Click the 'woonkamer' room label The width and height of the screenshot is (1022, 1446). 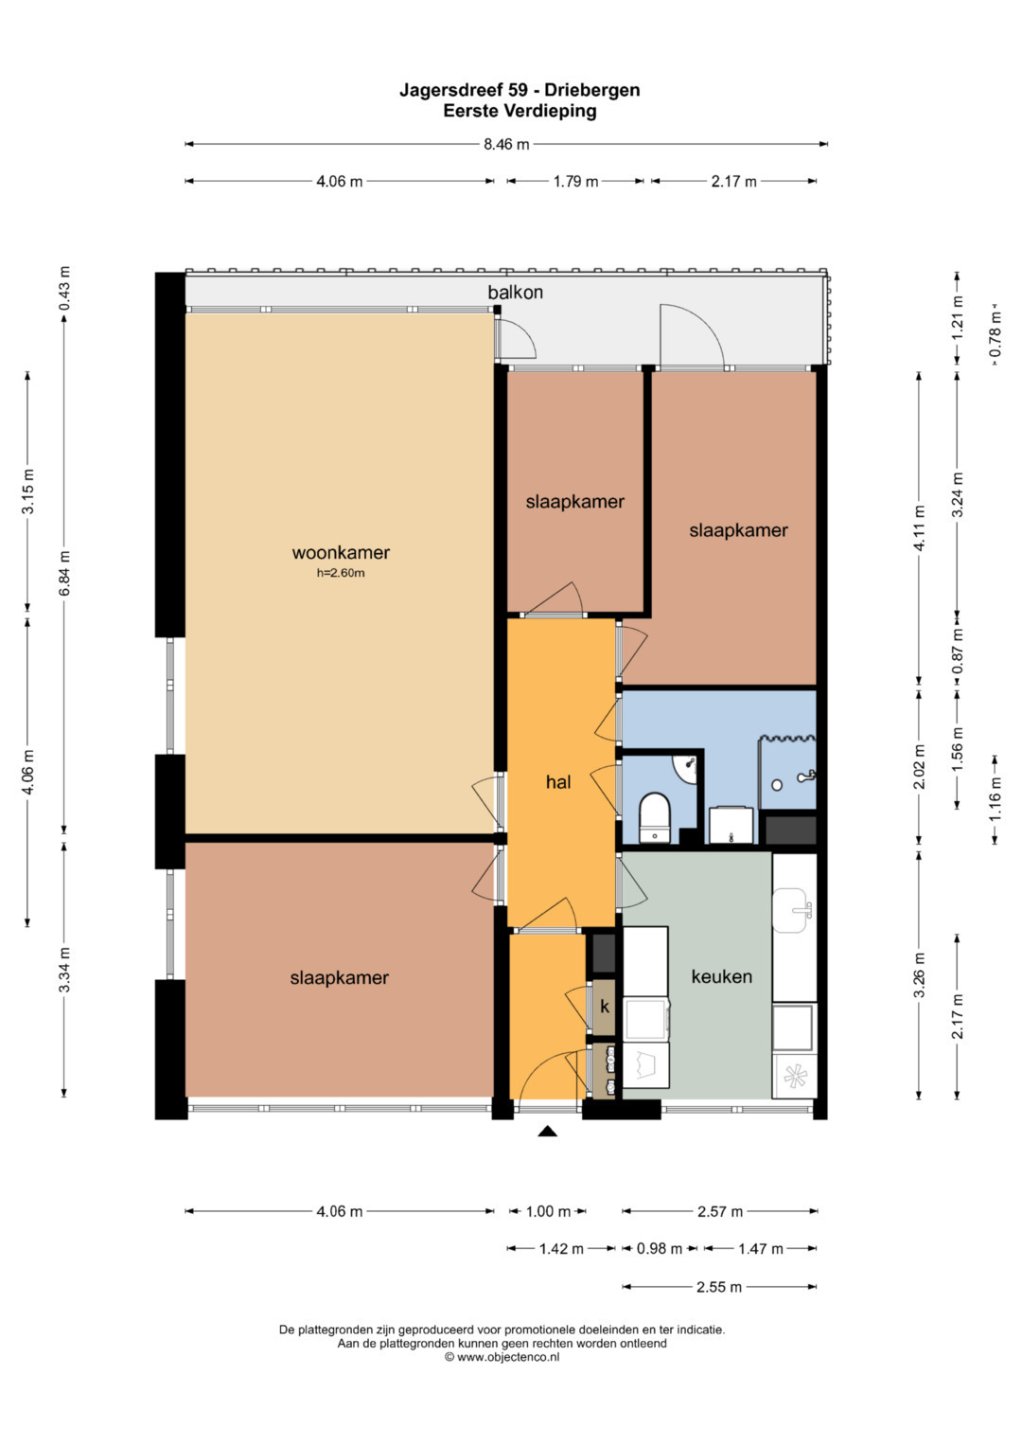341,552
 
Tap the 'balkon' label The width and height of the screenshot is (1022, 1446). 515,292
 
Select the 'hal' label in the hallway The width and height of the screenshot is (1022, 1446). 558,782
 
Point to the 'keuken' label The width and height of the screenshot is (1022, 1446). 721,976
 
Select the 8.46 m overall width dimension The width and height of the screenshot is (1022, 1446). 506,144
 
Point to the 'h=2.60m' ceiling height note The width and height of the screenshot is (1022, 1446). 341,573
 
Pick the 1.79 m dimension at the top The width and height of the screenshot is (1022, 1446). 575,182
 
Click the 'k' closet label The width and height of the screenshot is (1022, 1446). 605,1007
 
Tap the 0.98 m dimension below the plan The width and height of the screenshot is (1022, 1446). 660,1248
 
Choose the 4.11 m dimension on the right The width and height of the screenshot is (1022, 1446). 920,528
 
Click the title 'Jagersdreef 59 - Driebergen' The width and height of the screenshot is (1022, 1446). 520,90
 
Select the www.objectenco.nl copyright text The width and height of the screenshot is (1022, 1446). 502,1357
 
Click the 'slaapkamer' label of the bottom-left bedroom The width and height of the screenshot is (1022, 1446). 340,977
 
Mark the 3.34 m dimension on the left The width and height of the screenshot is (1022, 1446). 64,970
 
